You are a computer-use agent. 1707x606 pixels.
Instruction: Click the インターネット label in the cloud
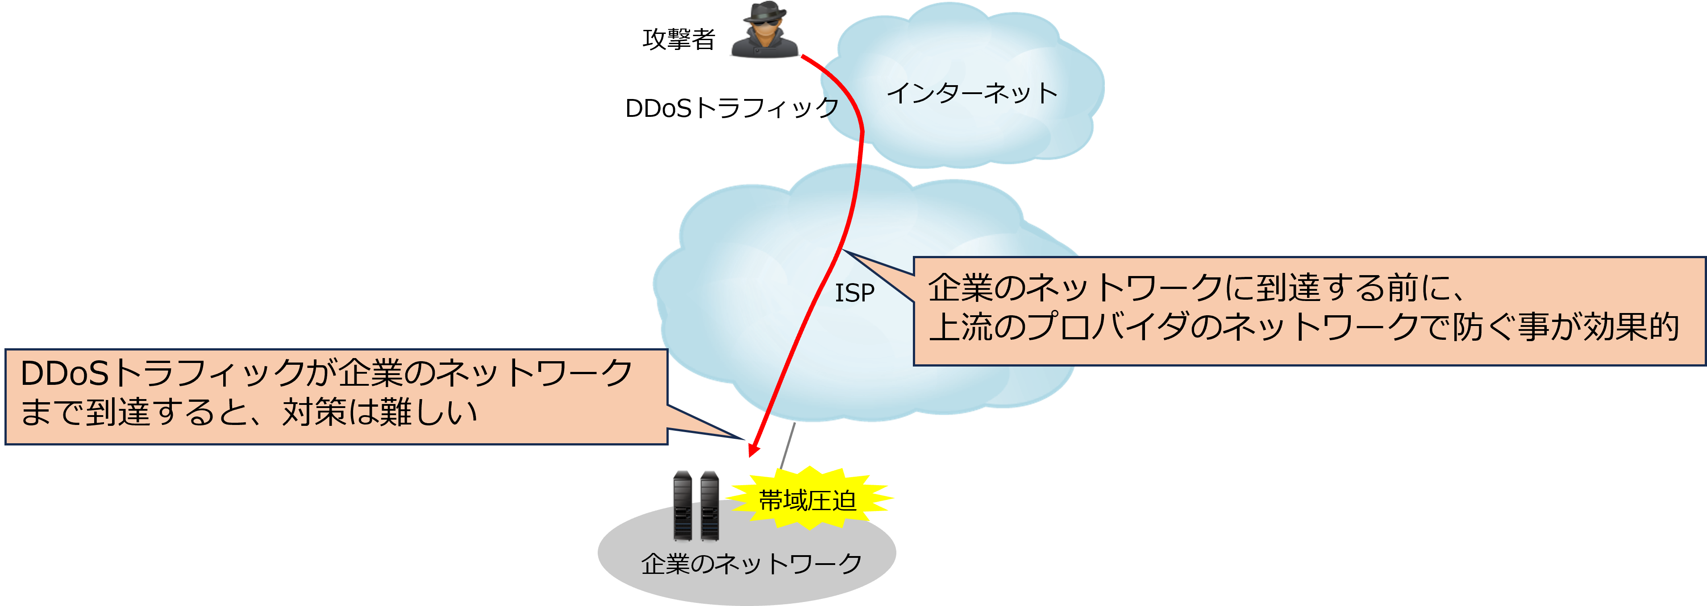[x=971, y=93]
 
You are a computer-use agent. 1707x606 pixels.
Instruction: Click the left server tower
[x=683, y=505]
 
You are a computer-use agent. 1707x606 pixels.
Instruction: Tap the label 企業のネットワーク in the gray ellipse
[x=751, y=564]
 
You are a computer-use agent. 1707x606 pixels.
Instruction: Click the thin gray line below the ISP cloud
[x=787, y=445]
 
